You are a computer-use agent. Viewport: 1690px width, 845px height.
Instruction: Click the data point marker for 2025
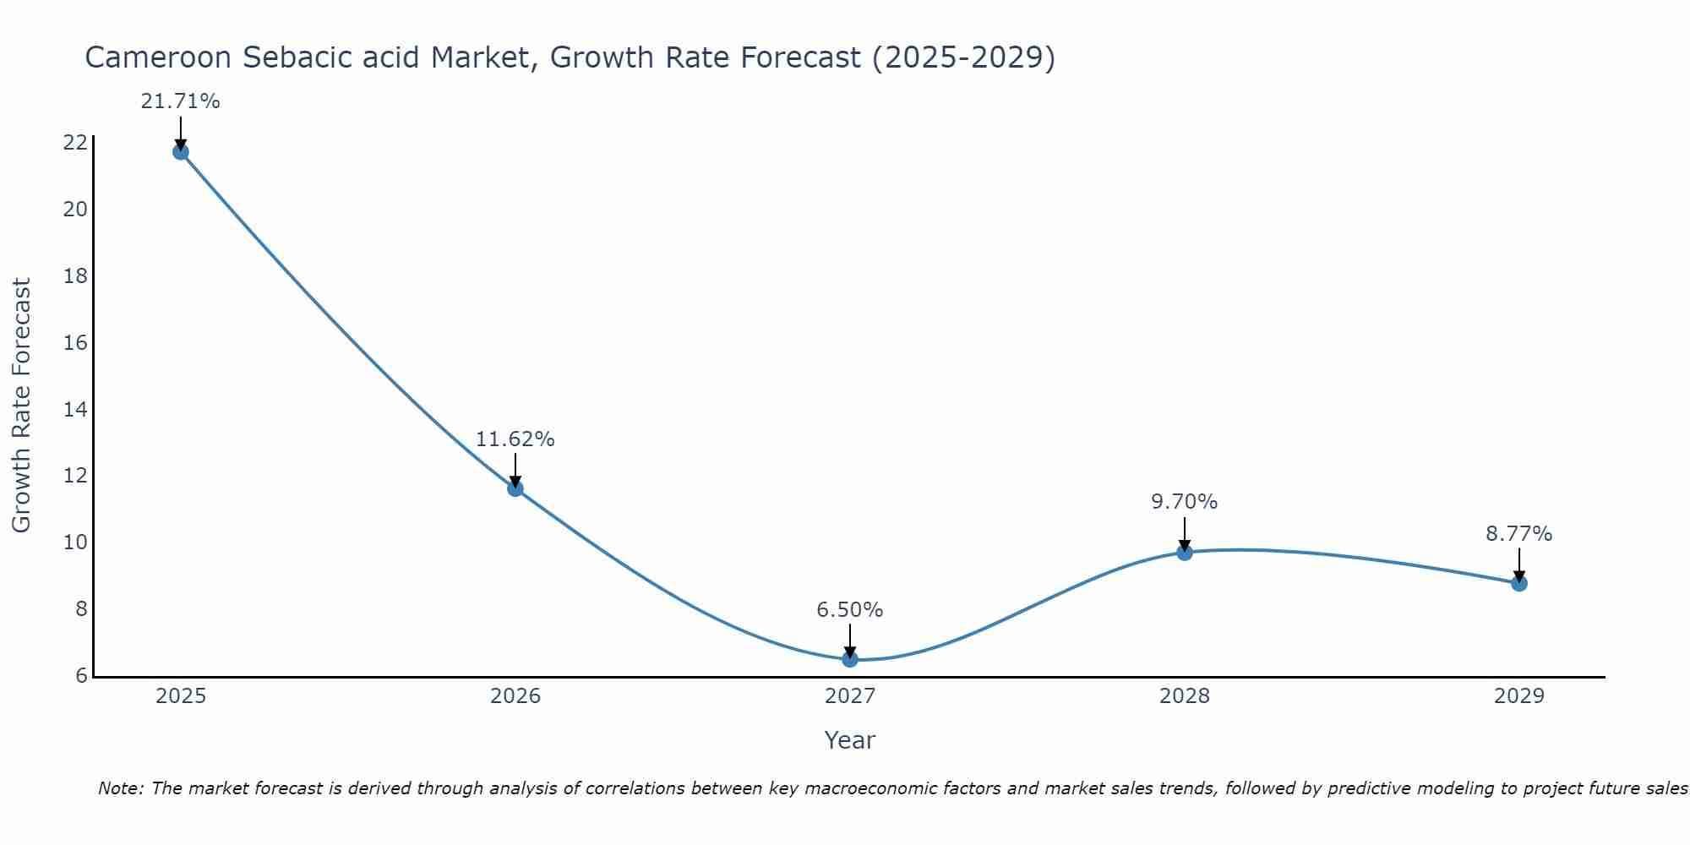[180, 152]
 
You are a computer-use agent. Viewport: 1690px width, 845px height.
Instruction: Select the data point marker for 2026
[515, 488]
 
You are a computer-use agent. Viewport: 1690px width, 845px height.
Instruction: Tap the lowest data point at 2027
[850, 659]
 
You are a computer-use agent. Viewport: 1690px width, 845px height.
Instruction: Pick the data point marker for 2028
[1185, 553]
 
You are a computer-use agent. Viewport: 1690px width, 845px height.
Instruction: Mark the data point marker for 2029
[1519, 583]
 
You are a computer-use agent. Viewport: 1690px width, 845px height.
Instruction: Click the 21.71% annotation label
[180, 101]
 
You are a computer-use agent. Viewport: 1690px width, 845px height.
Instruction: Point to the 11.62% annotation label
[515, 439]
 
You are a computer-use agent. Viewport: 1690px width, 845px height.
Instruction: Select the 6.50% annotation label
[849, 610]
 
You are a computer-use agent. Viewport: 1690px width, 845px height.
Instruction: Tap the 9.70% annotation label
[1184, 502]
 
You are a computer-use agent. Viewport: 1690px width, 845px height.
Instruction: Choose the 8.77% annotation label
[1518, 534]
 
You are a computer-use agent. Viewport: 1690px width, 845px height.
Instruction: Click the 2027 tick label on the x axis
[850, 696]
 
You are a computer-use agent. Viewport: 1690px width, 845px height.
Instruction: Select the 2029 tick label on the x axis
[1519, 696]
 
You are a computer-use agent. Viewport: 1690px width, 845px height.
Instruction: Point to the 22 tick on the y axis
[75, 142]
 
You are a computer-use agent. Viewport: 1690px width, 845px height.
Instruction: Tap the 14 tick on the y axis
[75, 410]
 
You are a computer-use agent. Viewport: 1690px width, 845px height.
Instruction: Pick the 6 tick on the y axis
[81, 676]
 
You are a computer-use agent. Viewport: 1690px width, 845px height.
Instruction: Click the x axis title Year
[849, 740]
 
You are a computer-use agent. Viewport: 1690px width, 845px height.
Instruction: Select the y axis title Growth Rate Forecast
[21, 406]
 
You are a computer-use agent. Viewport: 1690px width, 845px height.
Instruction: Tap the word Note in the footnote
[121, 788]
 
